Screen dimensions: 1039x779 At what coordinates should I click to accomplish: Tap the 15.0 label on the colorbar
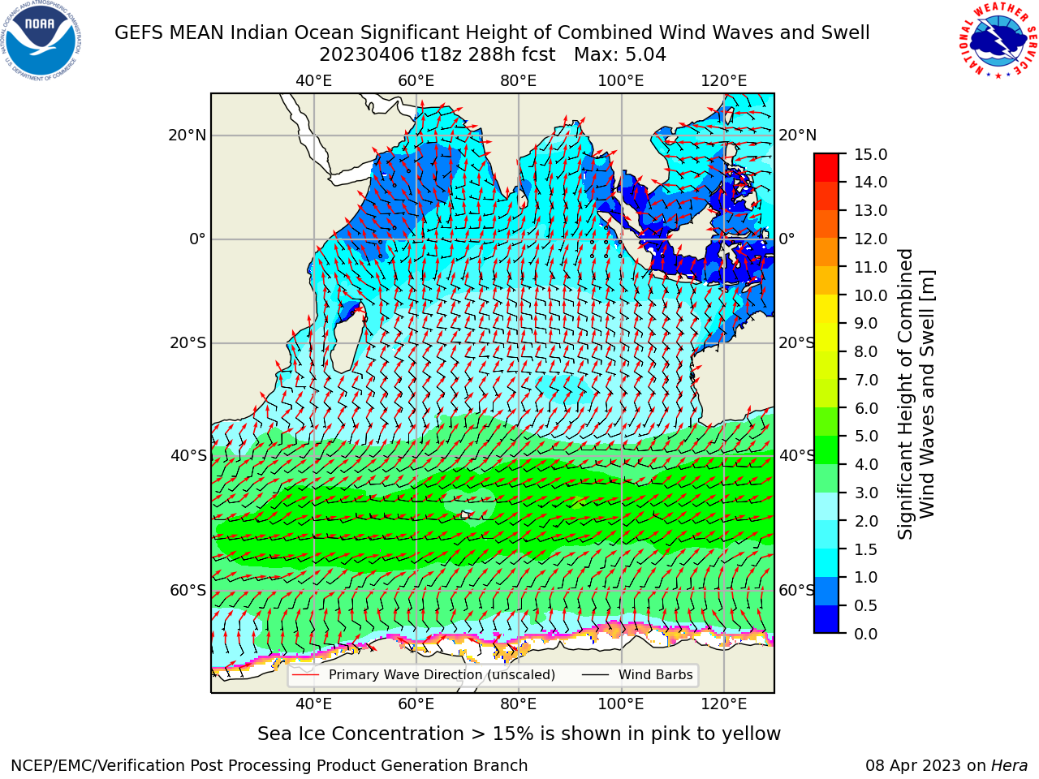pos(870,155)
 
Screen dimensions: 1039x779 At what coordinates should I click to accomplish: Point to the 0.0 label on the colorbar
pos(866,634)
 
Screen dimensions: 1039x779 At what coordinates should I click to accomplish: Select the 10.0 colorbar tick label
pos(870,295)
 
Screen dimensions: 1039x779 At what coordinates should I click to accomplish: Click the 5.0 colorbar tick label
pos(866,436)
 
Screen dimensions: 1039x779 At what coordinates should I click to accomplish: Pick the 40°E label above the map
pos(313,81)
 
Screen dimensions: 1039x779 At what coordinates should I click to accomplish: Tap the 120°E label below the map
pos(724,704)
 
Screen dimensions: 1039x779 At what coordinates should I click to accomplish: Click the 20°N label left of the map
pos(188,136)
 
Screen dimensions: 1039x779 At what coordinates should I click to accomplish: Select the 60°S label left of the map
pos(188,591)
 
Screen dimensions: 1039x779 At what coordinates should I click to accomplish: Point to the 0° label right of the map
pos(787,239)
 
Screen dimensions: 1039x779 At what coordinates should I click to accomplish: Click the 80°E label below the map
pos(519,704)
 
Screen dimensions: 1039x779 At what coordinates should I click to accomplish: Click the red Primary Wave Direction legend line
pos(305,674)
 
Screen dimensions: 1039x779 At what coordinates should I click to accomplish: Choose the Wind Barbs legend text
pos(656,674)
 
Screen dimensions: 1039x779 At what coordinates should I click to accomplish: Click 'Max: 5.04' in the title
pos(620,55)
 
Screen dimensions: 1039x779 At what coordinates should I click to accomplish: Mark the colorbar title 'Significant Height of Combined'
pos(905,394)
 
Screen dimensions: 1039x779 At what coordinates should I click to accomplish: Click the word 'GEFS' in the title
pos(140,33)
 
